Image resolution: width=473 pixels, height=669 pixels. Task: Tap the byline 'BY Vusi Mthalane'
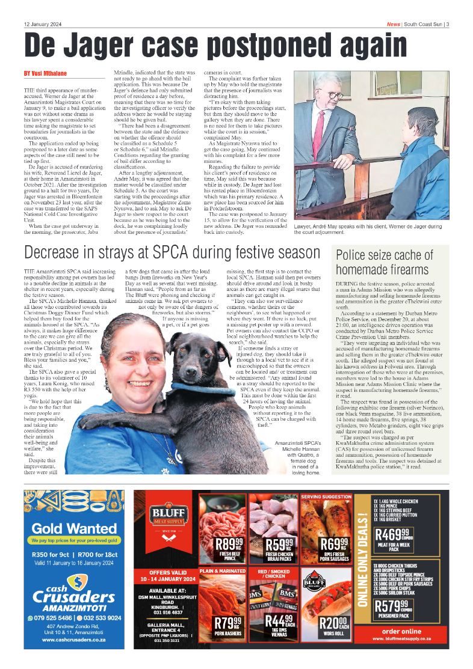pyautogui.click(x=45, y=73)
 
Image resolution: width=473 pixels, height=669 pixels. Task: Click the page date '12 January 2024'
pyautogui.click(x=43, y=25)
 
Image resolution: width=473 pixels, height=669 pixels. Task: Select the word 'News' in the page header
pyautogui.click(x=394, y=25)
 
